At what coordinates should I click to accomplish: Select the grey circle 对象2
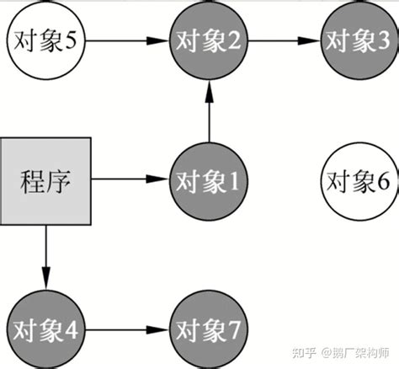click(208, 39)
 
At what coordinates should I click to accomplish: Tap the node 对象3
click(357, 39)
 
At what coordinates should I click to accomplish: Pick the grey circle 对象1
click(208, 179)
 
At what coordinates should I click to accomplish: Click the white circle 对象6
click(357, 179)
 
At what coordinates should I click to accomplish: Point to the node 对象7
click(208, 329)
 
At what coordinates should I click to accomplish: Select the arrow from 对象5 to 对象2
click(126, 39)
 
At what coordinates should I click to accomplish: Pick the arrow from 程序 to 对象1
click(126, 179)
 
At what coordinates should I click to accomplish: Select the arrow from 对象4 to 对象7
click(126, 329)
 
